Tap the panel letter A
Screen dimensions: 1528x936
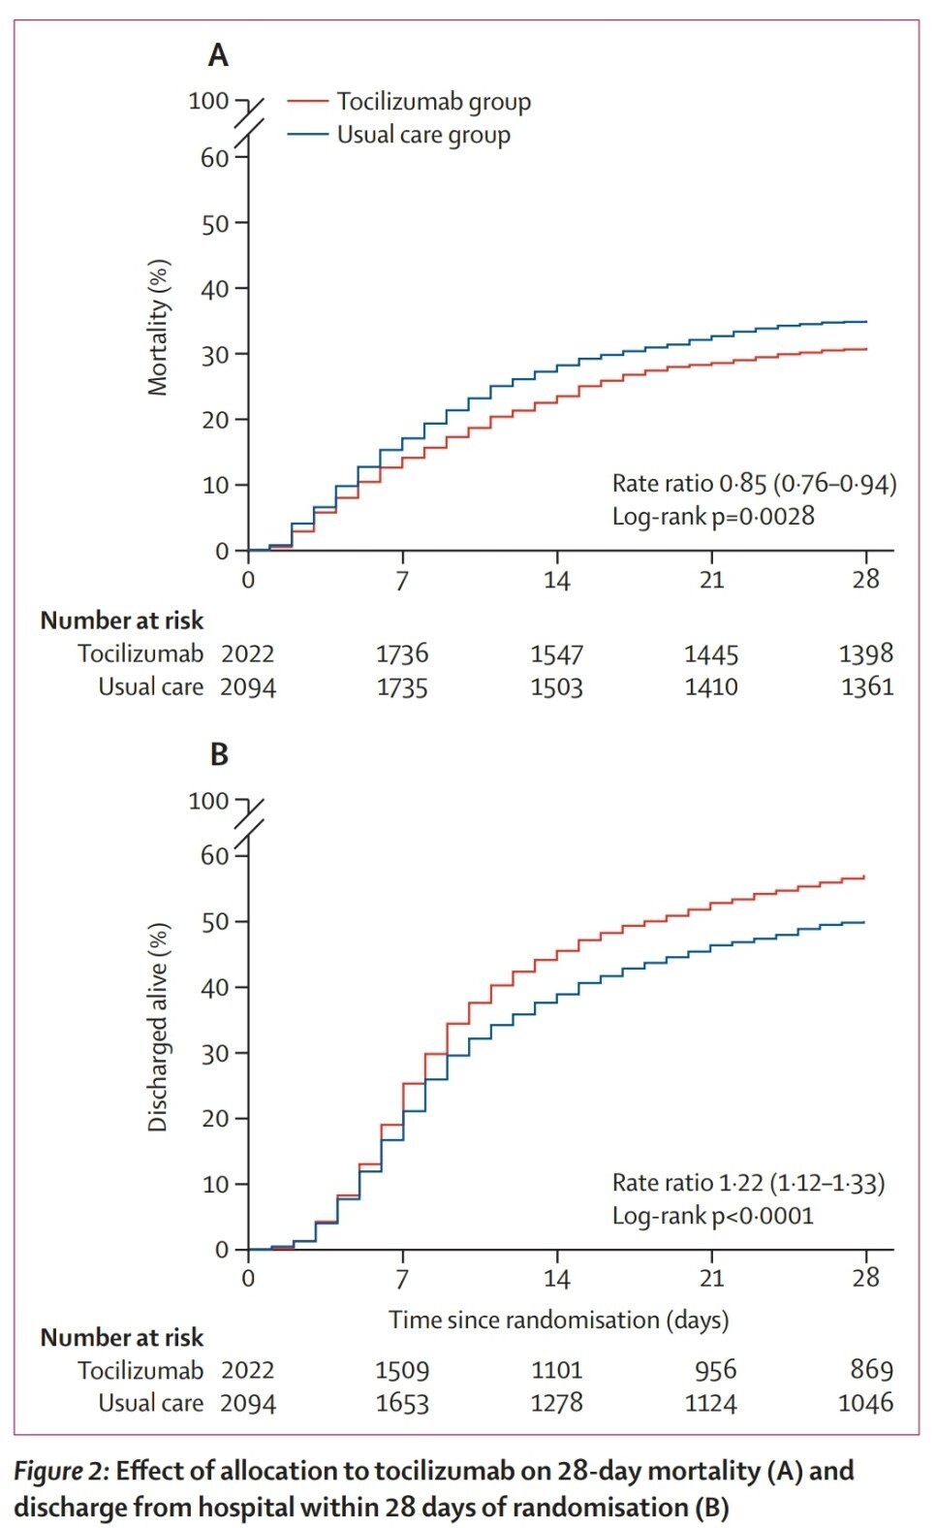click(x=218, y=55)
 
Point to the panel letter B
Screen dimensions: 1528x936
click(x=219, y=754)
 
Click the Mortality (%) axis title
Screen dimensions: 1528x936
click(x=158, y=328)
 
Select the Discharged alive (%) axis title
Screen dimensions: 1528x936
click(x=158, y=1026)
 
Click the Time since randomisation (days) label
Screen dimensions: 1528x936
click(x=558, y=1320)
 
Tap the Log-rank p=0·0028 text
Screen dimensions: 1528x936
click(x=712, y=516)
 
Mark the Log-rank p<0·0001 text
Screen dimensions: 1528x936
click(x=712, y=1216)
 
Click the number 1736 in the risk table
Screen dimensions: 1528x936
click(x=401, y=654)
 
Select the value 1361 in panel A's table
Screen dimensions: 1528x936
click(x=866, y=687)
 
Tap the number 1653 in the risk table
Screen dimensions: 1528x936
click(x=401, y=1403)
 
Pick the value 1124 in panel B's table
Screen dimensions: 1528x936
click(x=711, y=1403)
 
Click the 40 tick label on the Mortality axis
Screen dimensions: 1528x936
click(x=214, y=289)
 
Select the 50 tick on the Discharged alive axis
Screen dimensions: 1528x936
click(x=214, y=922)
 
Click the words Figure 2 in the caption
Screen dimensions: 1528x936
click(x=59, y=1472)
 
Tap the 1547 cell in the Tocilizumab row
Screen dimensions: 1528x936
click(x=556, y=654)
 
